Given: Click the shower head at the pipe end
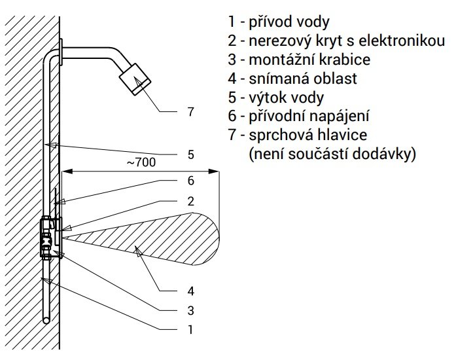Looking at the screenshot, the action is click(135, 79).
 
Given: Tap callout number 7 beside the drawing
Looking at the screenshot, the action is click(190, 112).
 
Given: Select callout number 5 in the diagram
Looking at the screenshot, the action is click(190, 154).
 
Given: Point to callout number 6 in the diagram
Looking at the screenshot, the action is click(190, 181).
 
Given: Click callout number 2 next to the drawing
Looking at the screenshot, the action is click(190, 201).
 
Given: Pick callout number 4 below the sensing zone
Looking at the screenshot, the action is click(190, 291).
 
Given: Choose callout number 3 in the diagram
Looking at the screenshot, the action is click(190, 310).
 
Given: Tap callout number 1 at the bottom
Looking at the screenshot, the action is click(190, 330).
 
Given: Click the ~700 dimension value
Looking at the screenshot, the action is click(141, 162).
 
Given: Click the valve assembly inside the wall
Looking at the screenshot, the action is click(46, 237).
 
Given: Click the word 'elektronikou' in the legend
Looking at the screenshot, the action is click(401, 41).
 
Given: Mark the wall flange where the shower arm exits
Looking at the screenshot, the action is click(61, 52).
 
